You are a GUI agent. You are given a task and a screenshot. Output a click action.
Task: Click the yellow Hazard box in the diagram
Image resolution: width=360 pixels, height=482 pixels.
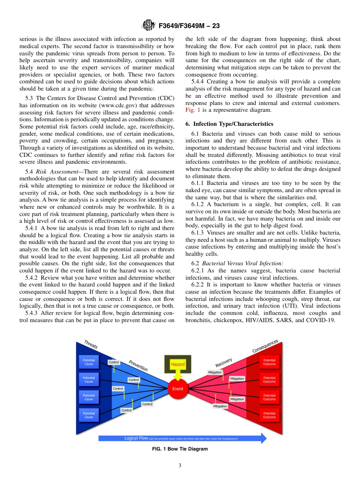click(x=177, y=364)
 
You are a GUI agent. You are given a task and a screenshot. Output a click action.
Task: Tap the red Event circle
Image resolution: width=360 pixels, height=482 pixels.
click(x=178, y=388)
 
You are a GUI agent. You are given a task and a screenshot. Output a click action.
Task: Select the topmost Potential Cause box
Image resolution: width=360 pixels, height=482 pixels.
click(x=89, y=362)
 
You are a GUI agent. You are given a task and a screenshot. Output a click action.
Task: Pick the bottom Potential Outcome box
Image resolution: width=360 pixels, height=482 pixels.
click(x=269, y=415)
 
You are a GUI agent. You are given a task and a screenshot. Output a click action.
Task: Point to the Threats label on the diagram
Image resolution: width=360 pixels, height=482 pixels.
click(x=91, y=344)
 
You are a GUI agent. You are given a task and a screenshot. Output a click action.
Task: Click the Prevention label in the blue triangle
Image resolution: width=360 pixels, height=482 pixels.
click(x=138, y=365)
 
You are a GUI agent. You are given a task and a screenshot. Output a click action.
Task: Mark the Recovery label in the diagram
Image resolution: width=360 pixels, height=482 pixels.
click(x=224, y=362)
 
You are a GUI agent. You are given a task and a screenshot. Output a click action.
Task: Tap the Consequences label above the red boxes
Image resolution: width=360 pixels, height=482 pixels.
click(x=265, y=346)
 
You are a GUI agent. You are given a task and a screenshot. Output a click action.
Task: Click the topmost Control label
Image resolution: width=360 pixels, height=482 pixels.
click(x=114, y=362)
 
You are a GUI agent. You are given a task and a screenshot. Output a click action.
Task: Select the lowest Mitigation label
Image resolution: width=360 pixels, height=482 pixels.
click(x=220, y=406)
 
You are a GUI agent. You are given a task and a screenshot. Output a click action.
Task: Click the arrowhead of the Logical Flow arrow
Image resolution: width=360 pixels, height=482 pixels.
click(x=263, y=438)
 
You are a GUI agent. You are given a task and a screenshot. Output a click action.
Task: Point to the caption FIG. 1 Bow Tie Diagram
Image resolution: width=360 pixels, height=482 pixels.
click(x=180, y=449)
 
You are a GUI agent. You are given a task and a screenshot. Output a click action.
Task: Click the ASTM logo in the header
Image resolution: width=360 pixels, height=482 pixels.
click(x=148, y=26)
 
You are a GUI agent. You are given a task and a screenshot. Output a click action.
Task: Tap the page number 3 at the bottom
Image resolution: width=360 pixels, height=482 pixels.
click(x=180, y=466)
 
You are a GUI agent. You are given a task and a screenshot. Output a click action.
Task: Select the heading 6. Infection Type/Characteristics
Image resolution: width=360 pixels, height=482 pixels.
click(x=229, y=124)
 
